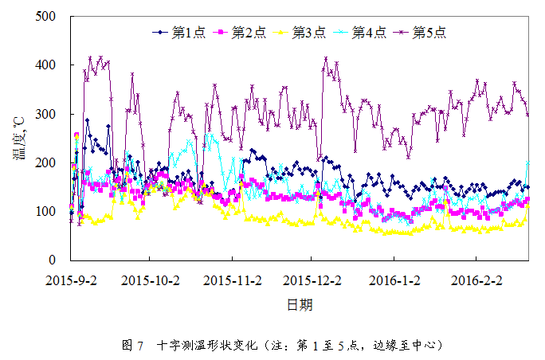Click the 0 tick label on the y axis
(x=53, y=260)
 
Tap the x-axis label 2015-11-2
(x=233, y=280)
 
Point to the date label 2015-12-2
(x=314, y=280)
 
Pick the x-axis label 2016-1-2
(x=396, y=280)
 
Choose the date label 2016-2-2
(x=476, y=280)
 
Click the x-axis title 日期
(x=299, y=304)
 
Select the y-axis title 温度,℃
(x=18, y=139)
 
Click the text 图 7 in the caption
(x=133, y=346)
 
